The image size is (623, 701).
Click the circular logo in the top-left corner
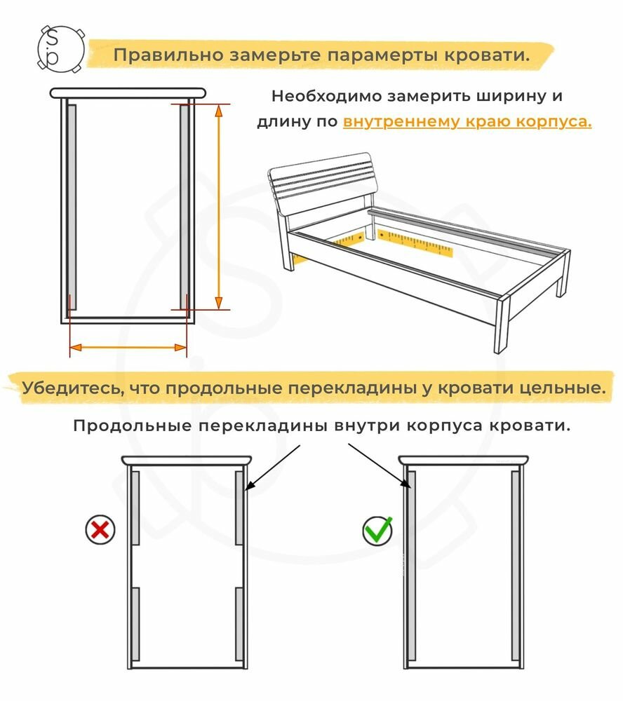(x=60, y=49)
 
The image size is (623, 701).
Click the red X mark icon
(x=100, y=529)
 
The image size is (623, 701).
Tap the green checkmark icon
(x=378, y=529)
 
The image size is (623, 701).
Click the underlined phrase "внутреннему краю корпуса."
(x=467, y=121)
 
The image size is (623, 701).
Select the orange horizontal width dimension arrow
(x=128, y=347)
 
